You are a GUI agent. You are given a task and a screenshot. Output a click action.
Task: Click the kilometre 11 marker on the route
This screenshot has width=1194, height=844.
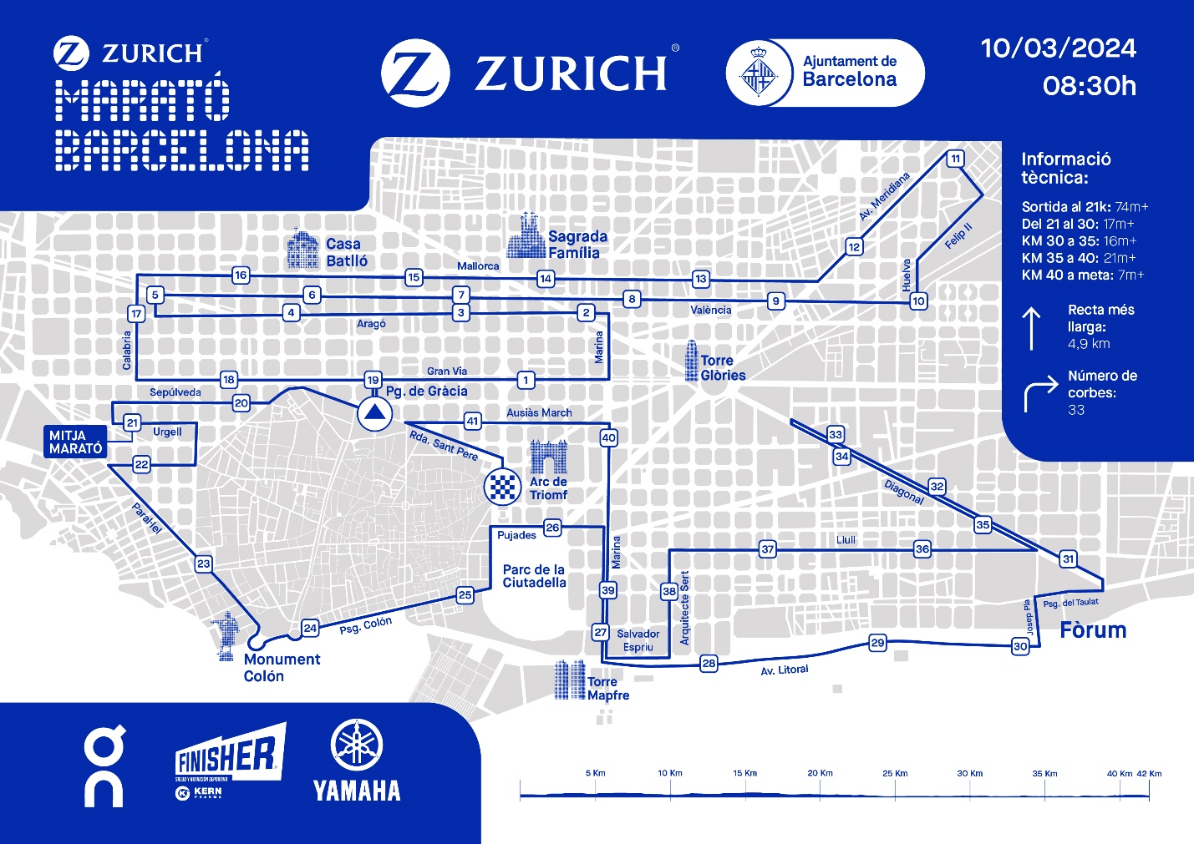click(955, 159)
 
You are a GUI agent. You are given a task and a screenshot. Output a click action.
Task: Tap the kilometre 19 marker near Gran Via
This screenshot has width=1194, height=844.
click(373, 381)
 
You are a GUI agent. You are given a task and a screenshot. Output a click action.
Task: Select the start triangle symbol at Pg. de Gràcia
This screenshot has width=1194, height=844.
click(373, 413)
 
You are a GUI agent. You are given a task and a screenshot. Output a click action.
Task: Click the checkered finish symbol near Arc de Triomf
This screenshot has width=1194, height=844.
click(503, 486)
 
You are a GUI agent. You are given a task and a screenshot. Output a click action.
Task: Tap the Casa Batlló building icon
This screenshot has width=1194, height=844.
click(302, 249)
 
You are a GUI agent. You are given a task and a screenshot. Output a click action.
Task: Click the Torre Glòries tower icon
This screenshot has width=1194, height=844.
click(691, 361)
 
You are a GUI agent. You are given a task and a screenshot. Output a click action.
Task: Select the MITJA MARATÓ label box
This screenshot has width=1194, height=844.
click(76, 442)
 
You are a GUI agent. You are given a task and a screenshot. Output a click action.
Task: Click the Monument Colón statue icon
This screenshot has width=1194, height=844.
click(226, 636)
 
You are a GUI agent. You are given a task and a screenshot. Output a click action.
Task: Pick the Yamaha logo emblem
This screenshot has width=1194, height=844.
click(357, 745)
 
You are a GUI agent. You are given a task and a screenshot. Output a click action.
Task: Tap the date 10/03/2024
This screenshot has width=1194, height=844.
click(1058, 48)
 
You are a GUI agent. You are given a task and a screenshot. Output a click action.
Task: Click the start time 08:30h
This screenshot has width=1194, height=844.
click(1089, 86)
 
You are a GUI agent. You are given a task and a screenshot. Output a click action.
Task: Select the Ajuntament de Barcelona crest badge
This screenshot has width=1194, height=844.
click(759, 73)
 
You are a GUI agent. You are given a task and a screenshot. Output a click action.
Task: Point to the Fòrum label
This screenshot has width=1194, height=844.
click(1092, 630)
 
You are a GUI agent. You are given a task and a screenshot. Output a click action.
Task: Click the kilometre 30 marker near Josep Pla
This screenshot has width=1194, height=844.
click(1020, 646)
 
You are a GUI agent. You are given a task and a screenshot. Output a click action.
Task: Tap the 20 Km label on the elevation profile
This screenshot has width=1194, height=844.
click(820, 773)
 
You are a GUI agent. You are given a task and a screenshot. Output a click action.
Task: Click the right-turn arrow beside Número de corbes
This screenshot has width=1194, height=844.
click(1040, 395)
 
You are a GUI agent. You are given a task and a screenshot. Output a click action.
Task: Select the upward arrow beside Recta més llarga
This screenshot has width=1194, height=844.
click(1032, 328)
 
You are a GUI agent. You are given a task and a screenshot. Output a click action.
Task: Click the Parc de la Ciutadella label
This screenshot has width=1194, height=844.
click(534, 576)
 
